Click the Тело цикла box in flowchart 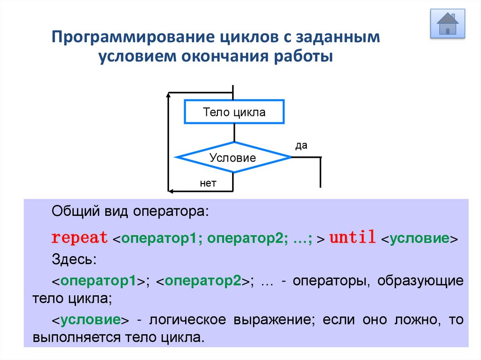coord(234,112)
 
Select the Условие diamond coord(233,158)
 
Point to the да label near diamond coord(301,146)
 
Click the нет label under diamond coord(208,184)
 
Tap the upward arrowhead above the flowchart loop coord(168,96)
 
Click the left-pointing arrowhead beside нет coord(171,191)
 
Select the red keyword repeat coord(79,237)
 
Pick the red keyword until coord(352,237)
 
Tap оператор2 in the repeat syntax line coord(247,238)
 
